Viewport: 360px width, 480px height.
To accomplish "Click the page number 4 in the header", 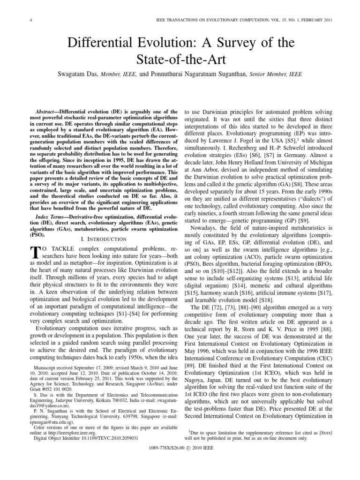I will click(x=17, y=19).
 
